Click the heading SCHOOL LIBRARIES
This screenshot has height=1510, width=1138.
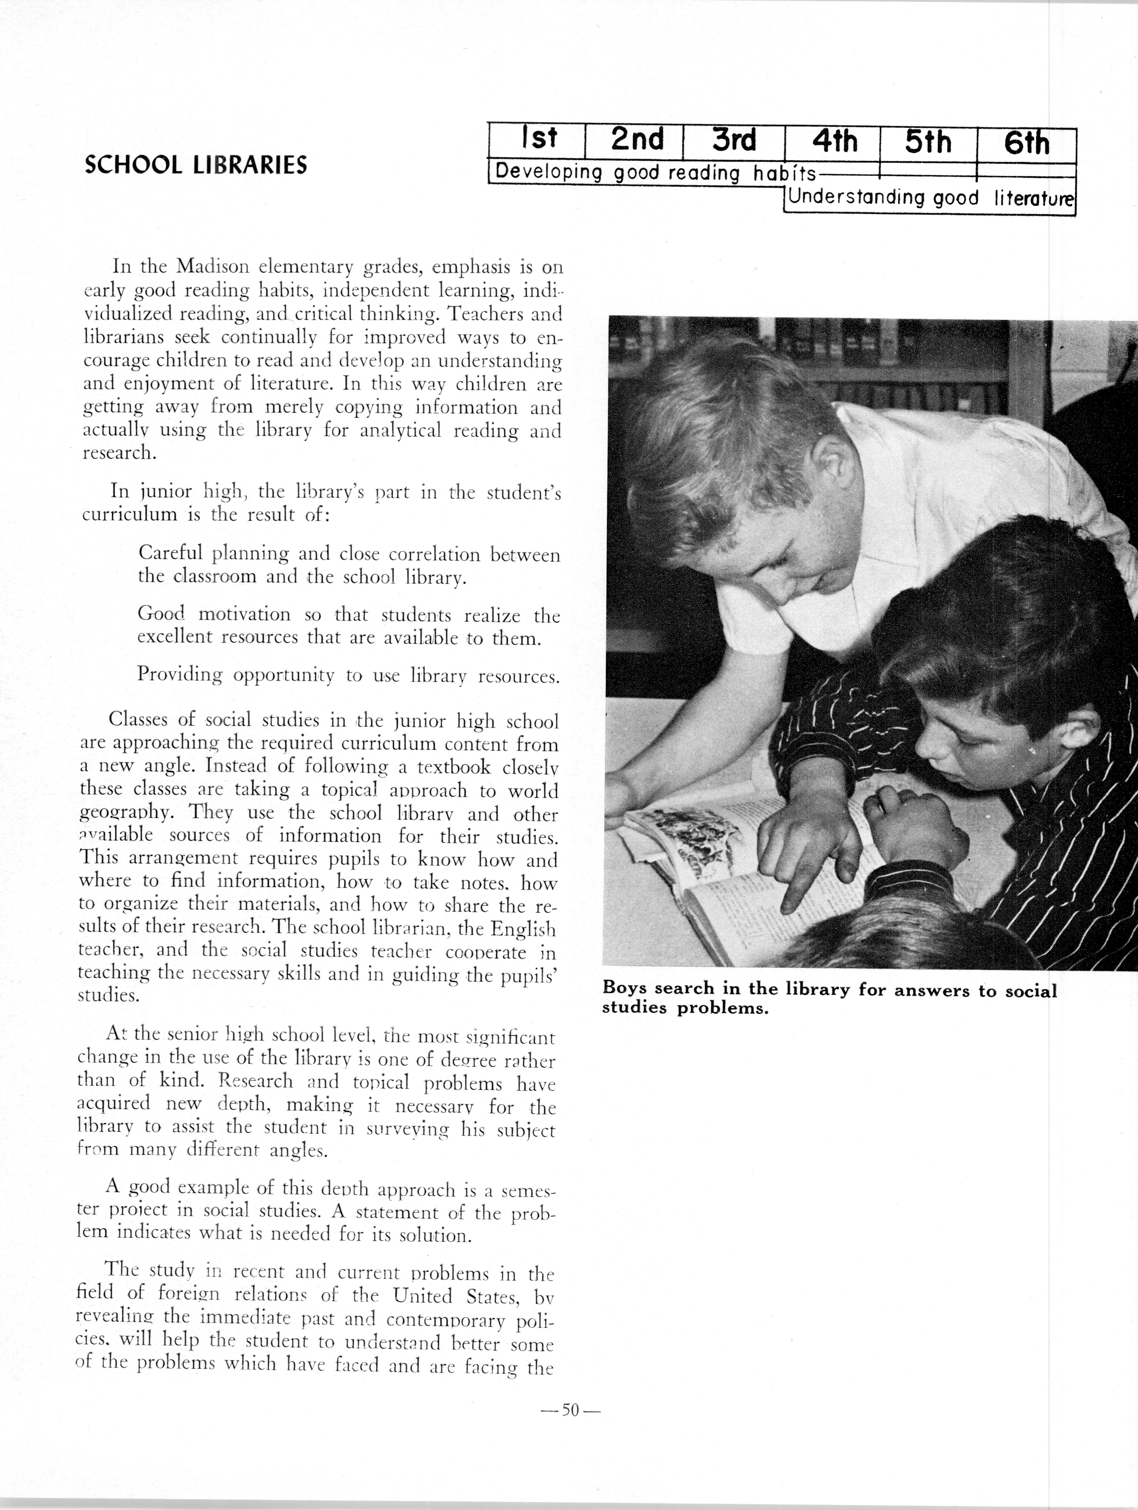point(196,165)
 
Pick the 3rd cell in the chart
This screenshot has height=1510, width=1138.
point(734,141)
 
